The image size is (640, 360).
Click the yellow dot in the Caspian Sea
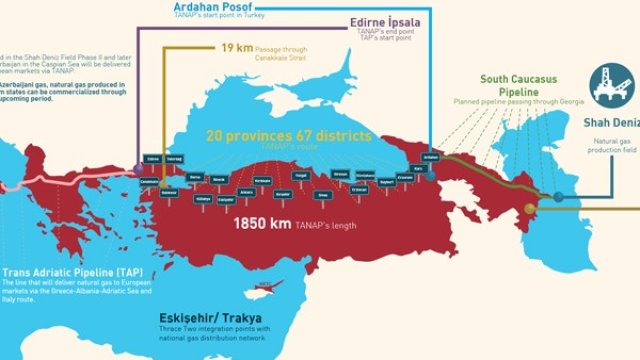tap(531, 208)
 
